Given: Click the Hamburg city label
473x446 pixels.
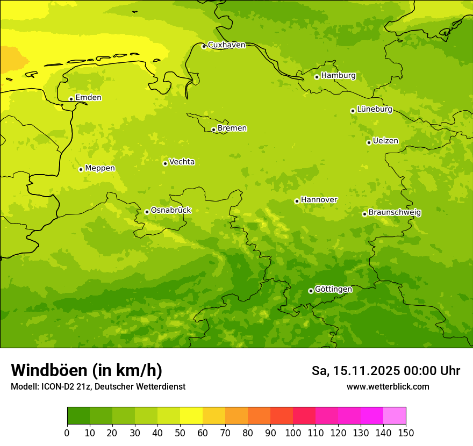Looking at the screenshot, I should click(x=338, y=76).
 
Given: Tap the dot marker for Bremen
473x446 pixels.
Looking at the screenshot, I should click(x=213, y=130).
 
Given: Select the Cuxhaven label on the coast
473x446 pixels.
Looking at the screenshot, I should click(x=226, y=45).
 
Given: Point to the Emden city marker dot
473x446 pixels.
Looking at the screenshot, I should click(x=71, y=99).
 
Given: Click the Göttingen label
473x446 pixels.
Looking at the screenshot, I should click(x=333, y=290).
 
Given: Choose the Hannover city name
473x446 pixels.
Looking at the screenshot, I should click(x=319, y=200).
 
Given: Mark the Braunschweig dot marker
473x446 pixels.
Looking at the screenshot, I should click(x=364, y=214).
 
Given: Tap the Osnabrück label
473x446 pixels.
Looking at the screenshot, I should click(x=171, y=211).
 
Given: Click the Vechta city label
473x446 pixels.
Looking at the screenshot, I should click(x=182, y=162).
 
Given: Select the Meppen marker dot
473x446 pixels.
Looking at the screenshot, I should click(x=81, y=169).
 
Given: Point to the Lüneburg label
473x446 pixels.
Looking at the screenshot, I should click(x=374, y=110).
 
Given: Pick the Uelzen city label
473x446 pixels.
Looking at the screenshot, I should click(x=385, y=141).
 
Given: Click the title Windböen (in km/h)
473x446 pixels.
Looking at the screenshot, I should click(x=87, y=370).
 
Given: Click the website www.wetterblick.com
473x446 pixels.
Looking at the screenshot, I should click(x=388, y=387).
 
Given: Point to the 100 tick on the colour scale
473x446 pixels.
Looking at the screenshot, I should click(x=293, y=433).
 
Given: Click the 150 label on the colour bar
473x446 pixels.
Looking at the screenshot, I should click(x=406, y=433).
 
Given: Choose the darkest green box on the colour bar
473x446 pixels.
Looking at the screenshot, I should click(x=78, y=416).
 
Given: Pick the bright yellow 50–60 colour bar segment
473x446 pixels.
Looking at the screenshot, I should click(x=191, y=416).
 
